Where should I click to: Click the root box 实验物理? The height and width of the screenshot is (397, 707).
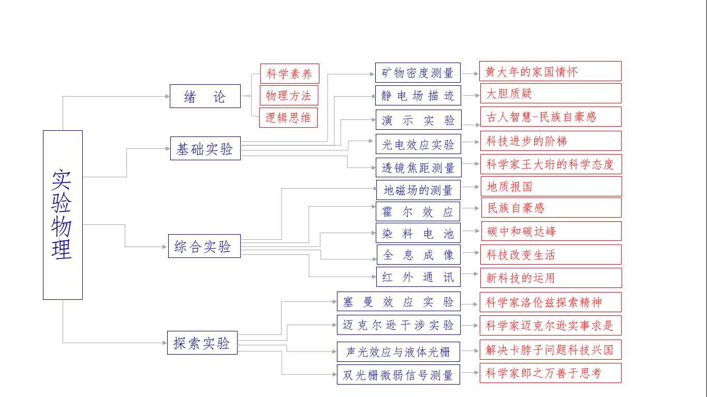click(x=63, y=215)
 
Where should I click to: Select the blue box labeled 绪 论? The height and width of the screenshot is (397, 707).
click(x=205, y=96)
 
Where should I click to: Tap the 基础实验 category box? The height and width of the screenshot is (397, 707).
click(x=205, y=148)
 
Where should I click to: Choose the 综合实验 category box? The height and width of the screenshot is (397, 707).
click(x=204, y=246)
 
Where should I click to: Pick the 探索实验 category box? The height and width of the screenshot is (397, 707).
click(x=202, y=343)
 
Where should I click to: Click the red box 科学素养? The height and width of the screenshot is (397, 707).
click(x=289, y=73)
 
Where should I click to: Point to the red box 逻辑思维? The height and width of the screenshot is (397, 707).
click(x=288, y=117)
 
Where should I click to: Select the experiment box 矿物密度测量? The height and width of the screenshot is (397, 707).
click(x=418, y=73)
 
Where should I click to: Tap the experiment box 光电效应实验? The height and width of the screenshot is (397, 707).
click(x=418, y=144)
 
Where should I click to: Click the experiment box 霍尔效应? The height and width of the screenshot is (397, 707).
click(x=418, y=211)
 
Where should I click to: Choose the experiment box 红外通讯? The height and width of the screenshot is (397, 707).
click(x=418, y=277)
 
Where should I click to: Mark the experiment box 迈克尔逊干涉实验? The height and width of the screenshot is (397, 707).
click(x=399, y=325)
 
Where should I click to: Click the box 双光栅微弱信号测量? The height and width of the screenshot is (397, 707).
click(x=398, y=375)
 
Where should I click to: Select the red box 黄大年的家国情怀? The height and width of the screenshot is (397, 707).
click(x=550, y=71)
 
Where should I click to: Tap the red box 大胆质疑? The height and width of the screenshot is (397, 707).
click(x=550, y=94)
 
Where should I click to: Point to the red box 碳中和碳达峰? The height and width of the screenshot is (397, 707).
click(x=551, y=231)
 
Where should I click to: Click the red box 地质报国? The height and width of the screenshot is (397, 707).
click(x=551, y=186)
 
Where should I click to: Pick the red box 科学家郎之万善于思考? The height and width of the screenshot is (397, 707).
click(x=550, y=373)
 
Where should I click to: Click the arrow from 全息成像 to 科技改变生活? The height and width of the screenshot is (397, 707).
click(x=470, y=252)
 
